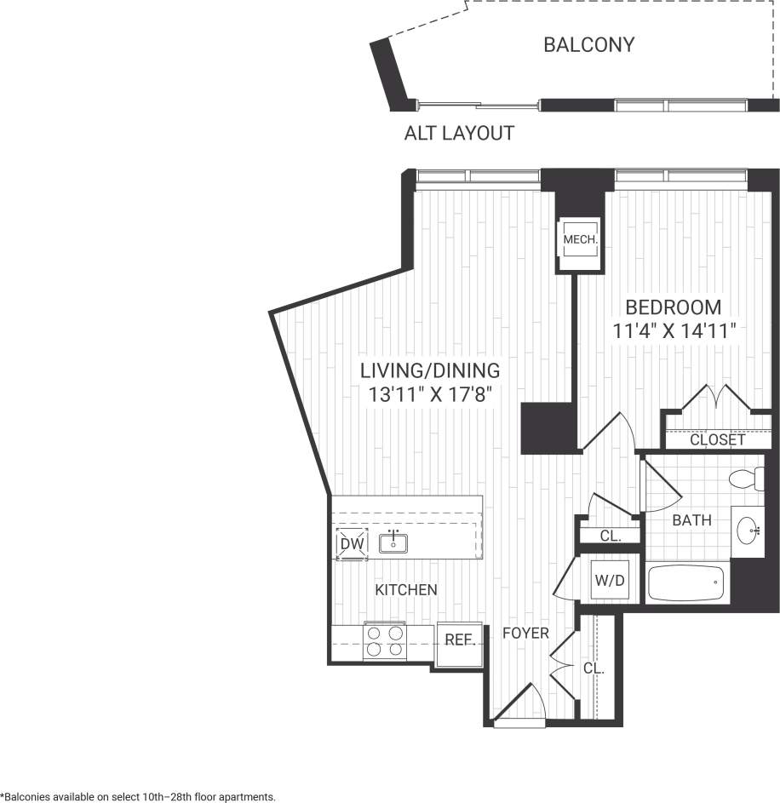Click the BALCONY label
coord(588,45)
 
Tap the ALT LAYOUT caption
coord(459,134)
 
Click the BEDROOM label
coord(673,307)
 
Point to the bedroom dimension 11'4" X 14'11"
coord(673,331)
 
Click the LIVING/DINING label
coord(429,370)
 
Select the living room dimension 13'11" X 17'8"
coord(429,394)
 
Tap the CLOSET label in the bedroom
coord(717,440)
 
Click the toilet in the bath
coord(748,479)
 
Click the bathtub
coord(686,583)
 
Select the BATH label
coord(691,519)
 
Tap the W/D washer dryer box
coord(609,583)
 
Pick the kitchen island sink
coord(393,541)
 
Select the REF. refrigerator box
coord(460,640)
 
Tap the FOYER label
coord(525,634)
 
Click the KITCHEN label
coord(407,589)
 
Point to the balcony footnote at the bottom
coord(139,796)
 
